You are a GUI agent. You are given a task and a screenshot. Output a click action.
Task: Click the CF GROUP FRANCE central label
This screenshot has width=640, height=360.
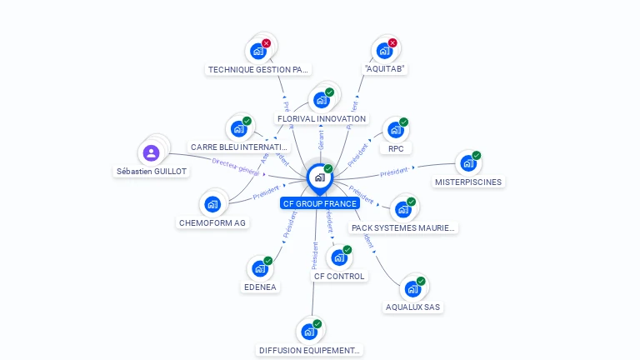[x=320, y=203]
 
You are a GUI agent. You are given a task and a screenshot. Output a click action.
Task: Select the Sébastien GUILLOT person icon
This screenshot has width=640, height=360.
[x=151, y=152]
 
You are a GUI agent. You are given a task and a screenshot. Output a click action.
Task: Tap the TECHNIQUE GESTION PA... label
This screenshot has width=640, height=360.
[x=258, y=70]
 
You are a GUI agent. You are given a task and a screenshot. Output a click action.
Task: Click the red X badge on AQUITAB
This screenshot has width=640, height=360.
[x=392, y=42]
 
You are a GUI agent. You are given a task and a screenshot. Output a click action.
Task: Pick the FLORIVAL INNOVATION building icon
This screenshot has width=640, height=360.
[x=321, y=101]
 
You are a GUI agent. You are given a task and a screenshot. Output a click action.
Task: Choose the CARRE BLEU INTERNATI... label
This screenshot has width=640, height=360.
[x=239, y=147]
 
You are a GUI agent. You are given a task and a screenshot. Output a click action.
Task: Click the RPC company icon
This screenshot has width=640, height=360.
[x=395, y=131]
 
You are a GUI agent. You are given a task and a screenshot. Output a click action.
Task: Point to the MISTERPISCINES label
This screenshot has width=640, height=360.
[x=468, y=182]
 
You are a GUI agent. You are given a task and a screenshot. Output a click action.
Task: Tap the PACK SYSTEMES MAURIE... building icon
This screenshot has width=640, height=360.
[x=403, y=209]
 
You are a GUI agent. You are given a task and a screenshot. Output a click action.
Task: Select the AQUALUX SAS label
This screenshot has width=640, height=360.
[x=412, y=307]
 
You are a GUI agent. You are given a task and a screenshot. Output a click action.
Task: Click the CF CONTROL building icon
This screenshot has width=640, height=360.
[x=338, y=257]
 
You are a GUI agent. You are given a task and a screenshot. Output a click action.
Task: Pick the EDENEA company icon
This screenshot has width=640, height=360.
[x=259, y=268]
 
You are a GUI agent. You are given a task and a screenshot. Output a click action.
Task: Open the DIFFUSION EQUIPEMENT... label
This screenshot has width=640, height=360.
[x=309, y=351]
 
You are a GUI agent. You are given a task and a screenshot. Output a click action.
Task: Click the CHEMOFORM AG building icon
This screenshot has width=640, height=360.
[x=212, y=204]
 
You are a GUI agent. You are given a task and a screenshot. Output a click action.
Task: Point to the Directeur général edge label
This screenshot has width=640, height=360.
[x=236, y=166]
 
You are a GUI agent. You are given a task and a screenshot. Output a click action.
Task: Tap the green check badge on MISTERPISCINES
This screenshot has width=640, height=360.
[x=477, y=155]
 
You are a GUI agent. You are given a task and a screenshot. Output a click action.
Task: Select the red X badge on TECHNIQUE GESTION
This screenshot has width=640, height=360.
[x=266, y=42]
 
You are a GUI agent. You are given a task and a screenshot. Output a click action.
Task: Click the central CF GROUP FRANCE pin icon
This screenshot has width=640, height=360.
[x=318, y=177]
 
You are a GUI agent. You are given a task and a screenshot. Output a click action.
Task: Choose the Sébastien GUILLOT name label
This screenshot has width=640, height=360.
[x=152, y=172]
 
